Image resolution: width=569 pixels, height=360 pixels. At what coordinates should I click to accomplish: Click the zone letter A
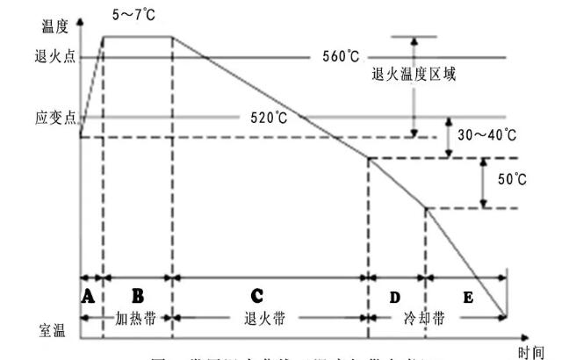(x=88, y=297)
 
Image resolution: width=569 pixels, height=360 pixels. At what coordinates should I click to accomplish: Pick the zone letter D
(x=394, y=297)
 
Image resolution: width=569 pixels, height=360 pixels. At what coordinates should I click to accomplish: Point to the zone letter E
(x=468, y=298)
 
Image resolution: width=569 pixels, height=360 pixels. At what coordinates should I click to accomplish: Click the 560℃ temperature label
(x=340, y=57)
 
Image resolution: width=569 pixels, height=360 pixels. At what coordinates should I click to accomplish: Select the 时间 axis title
(x=530, y=351)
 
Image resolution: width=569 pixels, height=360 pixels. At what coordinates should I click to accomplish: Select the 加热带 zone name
(x=136, y=317)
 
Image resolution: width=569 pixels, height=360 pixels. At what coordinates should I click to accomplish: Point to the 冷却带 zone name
(x=409, y=317)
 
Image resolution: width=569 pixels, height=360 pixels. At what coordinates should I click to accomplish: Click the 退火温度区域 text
(x=414, y=75)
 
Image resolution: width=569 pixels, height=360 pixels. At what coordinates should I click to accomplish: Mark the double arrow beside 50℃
(x=482, y=183)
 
